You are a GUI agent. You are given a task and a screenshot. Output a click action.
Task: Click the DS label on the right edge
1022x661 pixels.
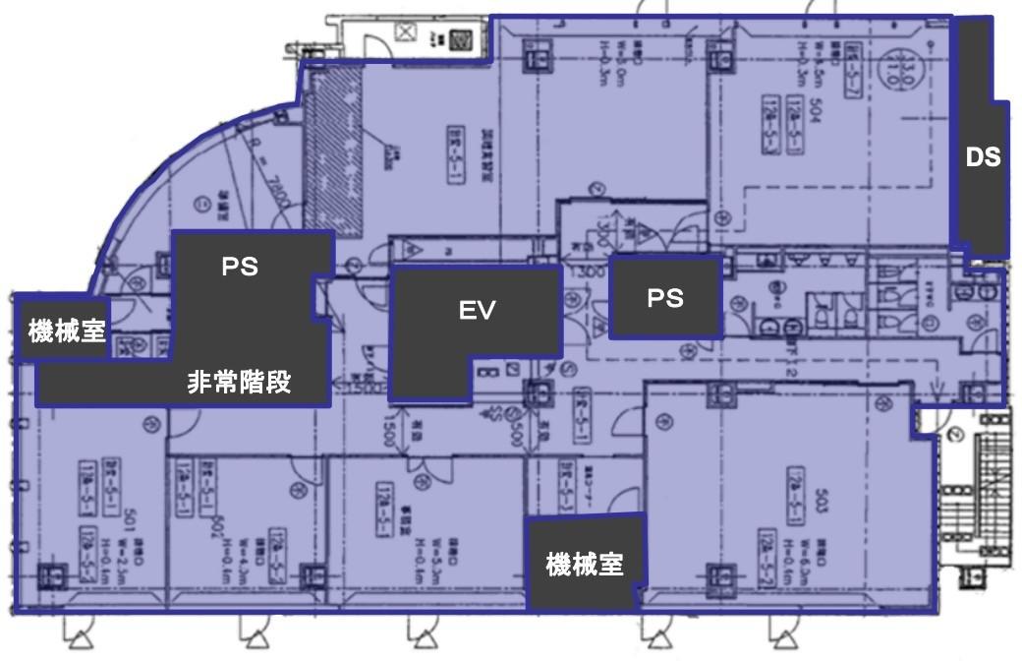[x=983, y=156]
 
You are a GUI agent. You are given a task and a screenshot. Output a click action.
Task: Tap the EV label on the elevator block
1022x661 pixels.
[x=478, y=311]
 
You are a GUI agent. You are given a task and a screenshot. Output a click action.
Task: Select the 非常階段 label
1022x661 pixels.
[x=240, y=383]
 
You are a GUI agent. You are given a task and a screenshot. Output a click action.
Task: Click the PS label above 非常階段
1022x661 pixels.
[x=240, y=267]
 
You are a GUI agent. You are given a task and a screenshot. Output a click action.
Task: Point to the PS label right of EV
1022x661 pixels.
[x=665, y=297]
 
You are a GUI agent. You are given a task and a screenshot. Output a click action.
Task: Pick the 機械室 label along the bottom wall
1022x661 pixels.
[x=585, y=565]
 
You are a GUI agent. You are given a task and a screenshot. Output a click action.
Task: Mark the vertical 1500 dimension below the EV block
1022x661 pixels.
[x=389, y=431]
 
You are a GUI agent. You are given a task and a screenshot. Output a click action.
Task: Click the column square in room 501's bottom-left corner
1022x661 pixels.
[x=54, y=574]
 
